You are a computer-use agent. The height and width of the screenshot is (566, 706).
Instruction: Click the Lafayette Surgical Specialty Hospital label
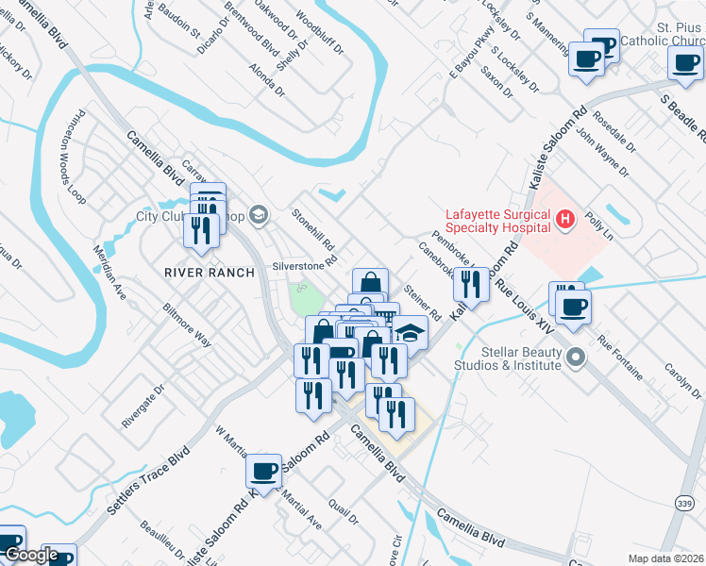(x=497, y=220)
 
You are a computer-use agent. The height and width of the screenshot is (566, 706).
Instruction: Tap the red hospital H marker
(x=565, y=220)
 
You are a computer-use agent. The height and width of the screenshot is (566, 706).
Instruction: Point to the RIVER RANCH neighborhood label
(x=210, y=273)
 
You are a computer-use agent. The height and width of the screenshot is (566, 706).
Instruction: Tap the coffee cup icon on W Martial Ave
(x=264, y=471)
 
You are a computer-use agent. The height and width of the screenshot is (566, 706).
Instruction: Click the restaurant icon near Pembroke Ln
(x=471, y=283)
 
